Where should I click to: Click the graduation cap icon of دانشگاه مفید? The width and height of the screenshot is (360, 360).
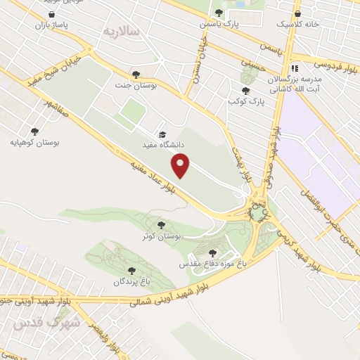pos(163,134)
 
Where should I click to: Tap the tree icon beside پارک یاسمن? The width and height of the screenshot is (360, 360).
pos(219,13)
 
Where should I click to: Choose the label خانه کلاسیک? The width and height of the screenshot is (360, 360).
pos(297,24)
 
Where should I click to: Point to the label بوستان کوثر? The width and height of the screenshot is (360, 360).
pos(161,237)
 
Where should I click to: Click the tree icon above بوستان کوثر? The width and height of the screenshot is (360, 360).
pos(162,226)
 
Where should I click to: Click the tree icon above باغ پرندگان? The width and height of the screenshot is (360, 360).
pos(129,271)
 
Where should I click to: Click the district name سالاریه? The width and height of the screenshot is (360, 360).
pos(122,32)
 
